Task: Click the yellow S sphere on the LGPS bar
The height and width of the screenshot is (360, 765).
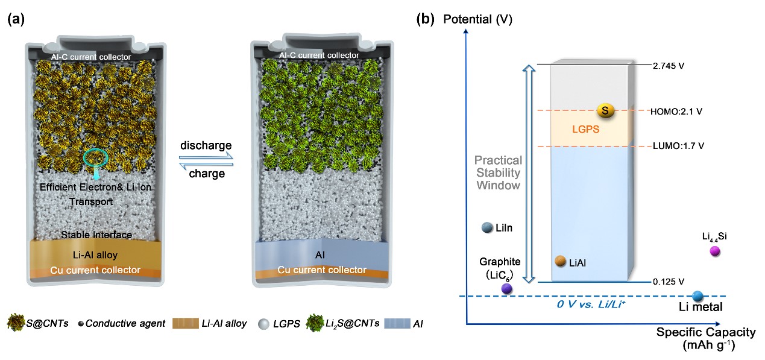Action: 605,110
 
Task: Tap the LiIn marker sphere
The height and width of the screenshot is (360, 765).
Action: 488,227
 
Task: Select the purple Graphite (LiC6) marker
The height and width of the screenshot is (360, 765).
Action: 507,288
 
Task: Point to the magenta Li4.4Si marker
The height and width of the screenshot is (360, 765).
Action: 716,251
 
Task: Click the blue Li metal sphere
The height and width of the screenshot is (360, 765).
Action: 698,295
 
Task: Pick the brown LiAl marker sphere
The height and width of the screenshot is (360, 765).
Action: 560,261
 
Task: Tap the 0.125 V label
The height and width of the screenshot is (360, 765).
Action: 669,282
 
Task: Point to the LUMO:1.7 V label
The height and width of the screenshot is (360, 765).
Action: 678,146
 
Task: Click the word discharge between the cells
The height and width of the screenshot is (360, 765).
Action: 206,147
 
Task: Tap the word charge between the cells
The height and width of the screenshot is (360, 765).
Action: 206,174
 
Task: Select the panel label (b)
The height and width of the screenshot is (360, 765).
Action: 426,19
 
